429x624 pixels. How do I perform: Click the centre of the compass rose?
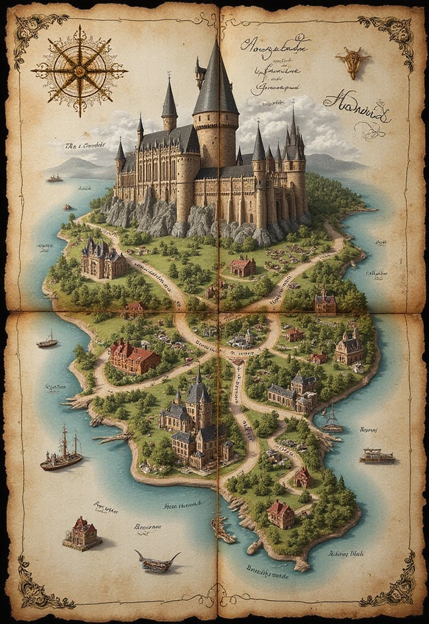coord(79,71)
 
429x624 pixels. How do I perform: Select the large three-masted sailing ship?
coord(62,451)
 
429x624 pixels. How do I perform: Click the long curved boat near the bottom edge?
coord(157,562)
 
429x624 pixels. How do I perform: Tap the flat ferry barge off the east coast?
coord(377,456)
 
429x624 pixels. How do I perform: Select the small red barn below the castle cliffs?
coord(243,266)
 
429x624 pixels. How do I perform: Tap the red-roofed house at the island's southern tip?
coord(280,513)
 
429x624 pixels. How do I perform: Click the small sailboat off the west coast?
coord(48,341)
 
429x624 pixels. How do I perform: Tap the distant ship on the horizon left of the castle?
coord(55,179)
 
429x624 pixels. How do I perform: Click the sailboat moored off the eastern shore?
coord(331,420)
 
